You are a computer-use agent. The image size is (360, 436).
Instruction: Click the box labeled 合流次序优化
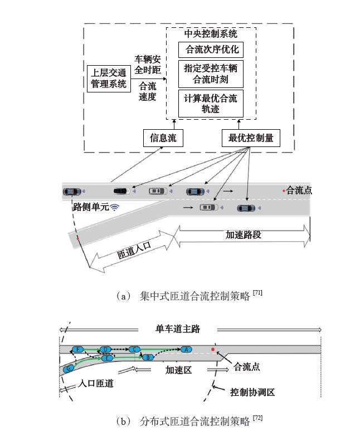tap(211, 50)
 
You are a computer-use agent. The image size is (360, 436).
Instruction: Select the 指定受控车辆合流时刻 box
tap(211, 74)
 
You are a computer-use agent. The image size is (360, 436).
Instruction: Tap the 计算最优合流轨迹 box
tap(211, 104)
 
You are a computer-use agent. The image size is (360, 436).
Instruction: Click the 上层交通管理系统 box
tap(109, 78)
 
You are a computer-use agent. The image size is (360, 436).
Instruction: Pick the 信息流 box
tap(163, 138)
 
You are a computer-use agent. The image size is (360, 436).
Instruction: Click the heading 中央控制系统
tap(211, 34)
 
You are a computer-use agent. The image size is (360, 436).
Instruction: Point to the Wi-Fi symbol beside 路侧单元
tap(115, 207)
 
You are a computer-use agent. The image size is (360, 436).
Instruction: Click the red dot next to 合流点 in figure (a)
tap(284, 191)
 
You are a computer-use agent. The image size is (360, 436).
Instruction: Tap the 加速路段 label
tap(244, 234)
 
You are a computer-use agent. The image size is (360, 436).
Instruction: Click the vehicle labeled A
tap(186, 349)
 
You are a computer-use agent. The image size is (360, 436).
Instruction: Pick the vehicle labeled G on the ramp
tap(69, 369)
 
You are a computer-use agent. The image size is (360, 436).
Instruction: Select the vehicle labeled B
tap(147, 357)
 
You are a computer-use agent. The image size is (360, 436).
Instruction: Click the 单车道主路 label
tap(177, 329)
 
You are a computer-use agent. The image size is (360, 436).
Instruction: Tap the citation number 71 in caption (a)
tap(257, 292)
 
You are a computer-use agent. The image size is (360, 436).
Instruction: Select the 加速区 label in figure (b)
tap(179, 370)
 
